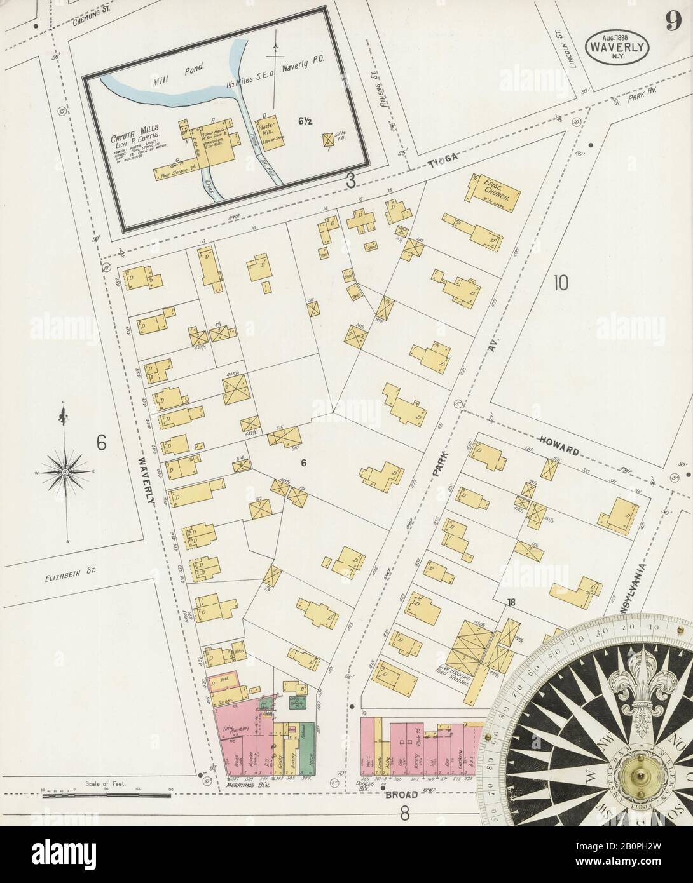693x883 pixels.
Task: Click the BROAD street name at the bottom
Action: pos(401,793)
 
